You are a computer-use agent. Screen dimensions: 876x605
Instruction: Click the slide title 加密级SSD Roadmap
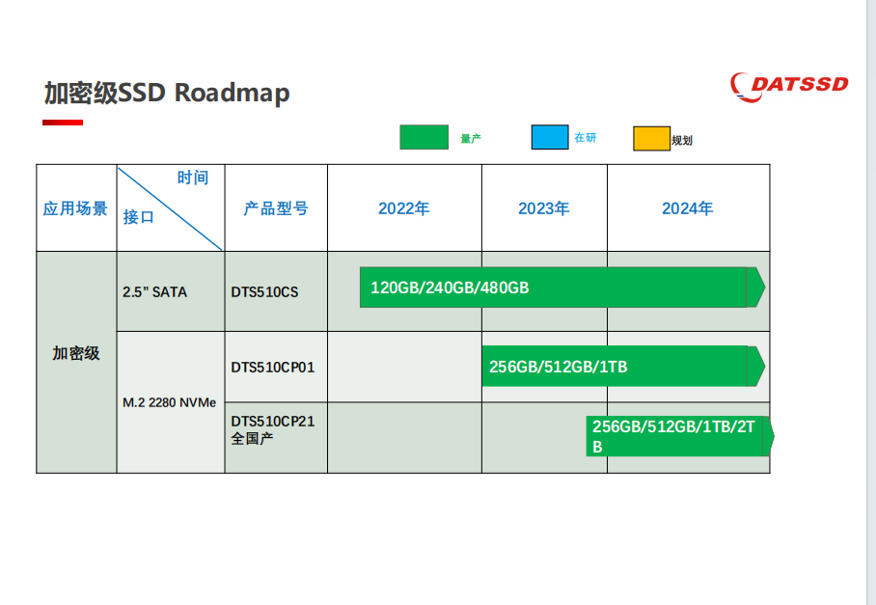(x=167, y=93)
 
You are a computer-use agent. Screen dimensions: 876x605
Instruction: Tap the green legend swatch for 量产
(x=424, y=137)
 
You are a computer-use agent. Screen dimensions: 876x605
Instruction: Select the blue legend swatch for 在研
(x=550, y=137)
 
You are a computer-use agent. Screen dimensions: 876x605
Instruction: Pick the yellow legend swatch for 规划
(x=651, y=139)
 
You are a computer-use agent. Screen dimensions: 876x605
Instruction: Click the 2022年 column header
(x=404, y=208)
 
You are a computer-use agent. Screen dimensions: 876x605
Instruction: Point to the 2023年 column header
(x=543, y=208)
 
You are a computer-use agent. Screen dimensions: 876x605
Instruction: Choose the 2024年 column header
(x=688, y=208)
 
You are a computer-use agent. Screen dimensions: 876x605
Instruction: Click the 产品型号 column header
(x=276, y=208)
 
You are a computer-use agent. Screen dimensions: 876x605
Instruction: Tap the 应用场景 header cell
(x=75, y=208)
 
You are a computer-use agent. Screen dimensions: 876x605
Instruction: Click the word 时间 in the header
(x=193, y=178)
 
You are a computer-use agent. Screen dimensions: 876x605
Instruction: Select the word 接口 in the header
(x=139, y=217)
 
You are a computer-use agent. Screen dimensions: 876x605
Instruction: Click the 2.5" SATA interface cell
(x=154, y=292)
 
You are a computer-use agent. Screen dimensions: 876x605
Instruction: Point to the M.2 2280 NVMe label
(x=169, y=402)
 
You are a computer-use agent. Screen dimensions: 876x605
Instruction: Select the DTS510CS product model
(x=264, y=292)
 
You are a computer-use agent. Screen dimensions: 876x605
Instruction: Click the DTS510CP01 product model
(x=273, y=367)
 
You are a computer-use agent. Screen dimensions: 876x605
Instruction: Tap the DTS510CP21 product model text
(x=273, y=422)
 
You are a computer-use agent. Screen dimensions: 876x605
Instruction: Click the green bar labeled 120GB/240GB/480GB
(x=562, y=288)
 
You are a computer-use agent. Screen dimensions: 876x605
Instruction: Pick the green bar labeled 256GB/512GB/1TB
(x=623, y=367)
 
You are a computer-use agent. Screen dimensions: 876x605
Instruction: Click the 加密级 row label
(x=76, y=353)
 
